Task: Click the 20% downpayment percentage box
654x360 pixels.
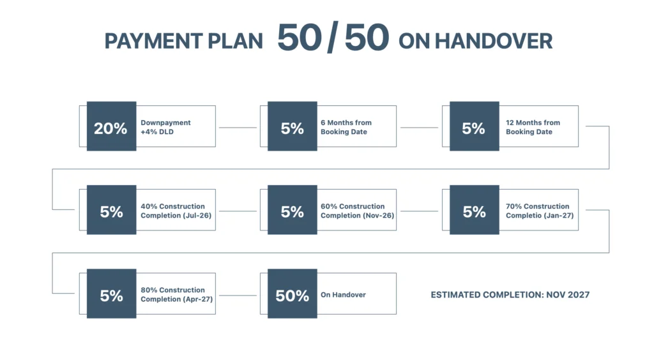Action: pyautogui.click(x=111, y=126)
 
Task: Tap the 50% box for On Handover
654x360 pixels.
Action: pyautogui.click(x=293, y=294)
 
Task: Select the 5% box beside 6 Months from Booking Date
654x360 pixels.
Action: pyautogui.click(x=293, y=126)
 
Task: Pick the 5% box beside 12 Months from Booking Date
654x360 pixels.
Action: pyautogui.click(x=475, y=126)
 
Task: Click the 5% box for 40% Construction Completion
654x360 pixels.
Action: pyautogui.click(x=111, y=210)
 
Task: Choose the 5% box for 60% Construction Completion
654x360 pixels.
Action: pyautogui.click(x=293, y=210)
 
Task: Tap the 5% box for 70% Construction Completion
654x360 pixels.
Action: pyautogui.click(x=475, y=210)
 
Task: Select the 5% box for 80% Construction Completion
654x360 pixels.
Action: pyautogui.click(x=111, y=294)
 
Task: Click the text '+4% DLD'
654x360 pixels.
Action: pyautogui.click(x=157, y=131)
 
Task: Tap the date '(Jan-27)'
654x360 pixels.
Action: pyautogui.click(x=559, y=216)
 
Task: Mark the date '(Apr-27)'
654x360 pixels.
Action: pyautogui.click(x=198, y=299)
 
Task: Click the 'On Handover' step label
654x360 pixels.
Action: pyautogui.click(x=343, y=295)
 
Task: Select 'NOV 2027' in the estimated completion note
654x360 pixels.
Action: pyautogui.click(x=568, y=295)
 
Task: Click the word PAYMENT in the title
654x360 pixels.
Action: pyautogui.click(x=153, y=41)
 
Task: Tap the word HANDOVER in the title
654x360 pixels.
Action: pyautogui.click(x=494, y=41)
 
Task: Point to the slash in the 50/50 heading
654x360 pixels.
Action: pyautogui.click(x=333, y=38)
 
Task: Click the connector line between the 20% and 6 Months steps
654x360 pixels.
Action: pyautogui.click(x=238, y=128)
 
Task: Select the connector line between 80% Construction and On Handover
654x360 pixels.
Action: pyautogui.click(x=238, y=296)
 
